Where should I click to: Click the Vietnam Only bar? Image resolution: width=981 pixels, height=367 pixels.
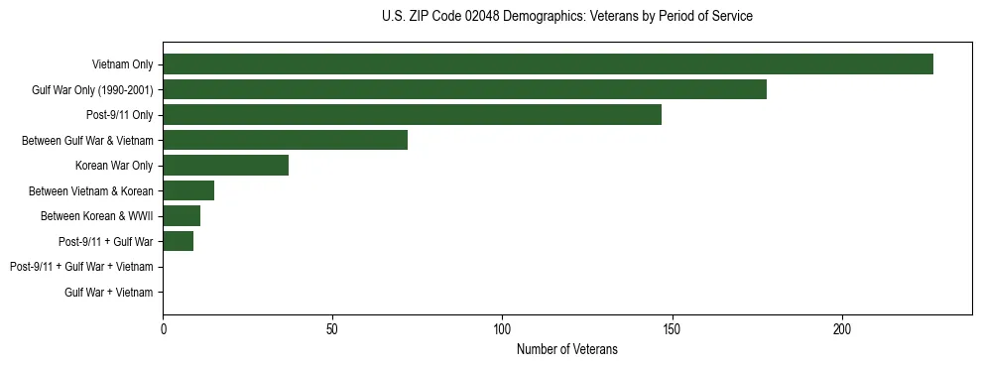coord(548,64)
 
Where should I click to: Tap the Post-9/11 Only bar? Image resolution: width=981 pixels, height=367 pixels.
coord(412,115)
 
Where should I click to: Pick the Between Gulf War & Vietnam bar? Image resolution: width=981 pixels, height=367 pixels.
coord(285,140)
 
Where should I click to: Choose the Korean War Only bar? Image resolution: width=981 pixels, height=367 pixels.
coord(225,166)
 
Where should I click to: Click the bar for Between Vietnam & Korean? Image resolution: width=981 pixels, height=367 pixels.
coord(188,190)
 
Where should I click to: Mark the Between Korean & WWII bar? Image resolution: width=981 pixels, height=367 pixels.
coord(182,216)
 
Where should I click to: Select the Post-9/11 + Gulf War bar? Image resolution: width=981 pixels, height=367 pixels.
coord(178,241)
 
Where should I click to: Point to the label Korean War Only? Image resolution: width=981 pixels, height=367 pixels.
coord(114,166)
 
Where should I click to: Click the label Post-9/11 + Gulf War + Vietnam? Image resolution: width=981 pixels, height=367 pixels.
coord(81,267)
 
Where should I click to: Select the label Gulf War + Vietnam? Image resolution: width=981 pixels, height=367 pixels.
coord(109,292)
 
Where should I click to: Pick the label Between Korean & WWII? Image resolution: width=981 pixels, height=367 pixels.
coord(96,216)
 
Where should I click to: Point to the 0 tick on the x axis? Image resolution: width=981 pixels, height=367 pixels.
coord(163,327)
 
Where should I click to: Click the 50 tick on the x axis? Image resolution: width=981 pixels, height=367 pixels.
coord(332,327)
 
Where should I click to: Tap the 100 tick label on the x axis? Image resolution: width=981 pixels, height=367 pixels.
coord(502,327)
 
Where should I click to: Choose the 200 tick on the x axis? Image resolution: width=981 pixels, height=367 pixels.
coord(842,327)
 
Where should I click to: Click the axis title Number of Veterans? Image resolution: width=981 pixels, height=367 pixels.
coord(566,349)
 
